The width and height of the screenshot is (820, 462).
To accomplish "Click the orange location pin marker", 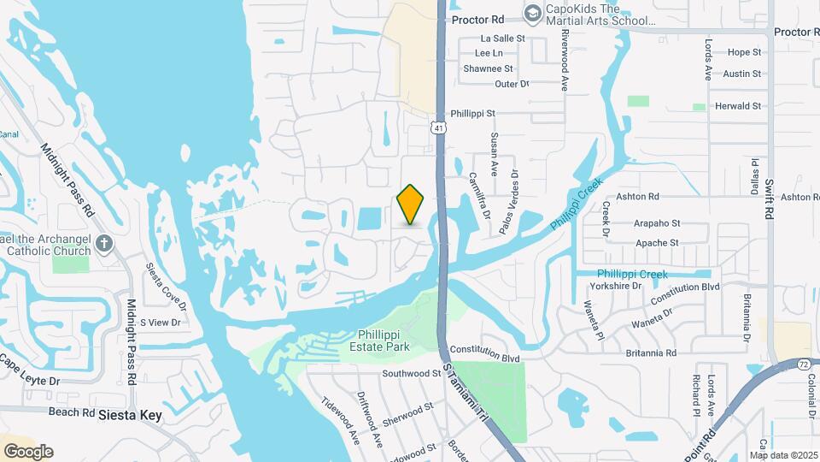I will point(411,204).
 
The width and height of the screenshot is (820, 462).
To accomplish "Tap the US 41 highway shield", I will point(438,127).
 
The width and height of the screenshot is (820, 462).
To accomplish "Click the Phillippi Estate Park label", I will point(380,341).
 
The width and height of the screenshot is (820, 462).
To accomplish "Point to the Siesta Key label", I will point(130,415).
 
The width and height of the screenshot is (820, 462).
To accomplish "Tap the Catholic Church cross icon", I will point(104,244).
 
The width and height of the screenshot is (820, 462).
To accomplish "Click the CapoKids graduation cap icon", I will point(533,13).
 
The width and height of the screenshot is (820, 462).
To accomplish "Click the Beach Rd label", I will point(71,412).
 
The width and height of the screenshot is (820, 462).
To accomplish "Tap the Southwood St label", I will point(411,374).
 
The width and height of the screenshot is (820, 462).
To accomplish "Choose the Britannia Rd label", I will point(647,352).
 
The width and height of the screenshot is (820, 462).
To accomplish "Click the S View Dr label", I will point(161,323).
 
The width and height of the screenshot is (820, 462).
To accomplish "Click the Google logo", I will point(29,451).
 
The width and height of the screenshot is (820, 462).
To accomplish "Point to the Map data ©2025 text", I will point(783,455).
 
